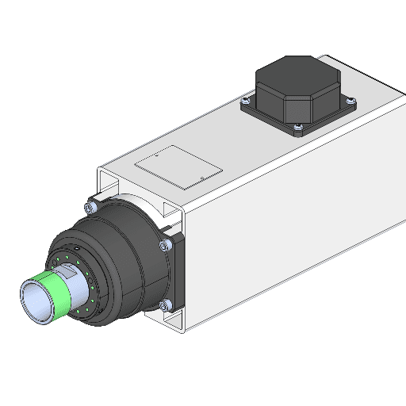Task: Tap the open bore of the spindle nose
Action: pos(36,302)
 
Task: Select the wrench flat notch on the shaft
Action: pos(68,273)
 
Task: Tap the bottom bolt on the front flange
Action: pos(164,305)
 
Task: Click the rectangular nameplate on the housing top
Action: pos(176,167)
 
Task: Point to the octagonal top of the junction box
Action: pos(297,76)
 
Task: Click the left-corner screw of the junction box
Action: pos(247,101)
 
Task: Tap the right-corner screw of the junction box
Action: pos(350,100)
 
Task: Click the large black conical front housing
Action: pos(127,254)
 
